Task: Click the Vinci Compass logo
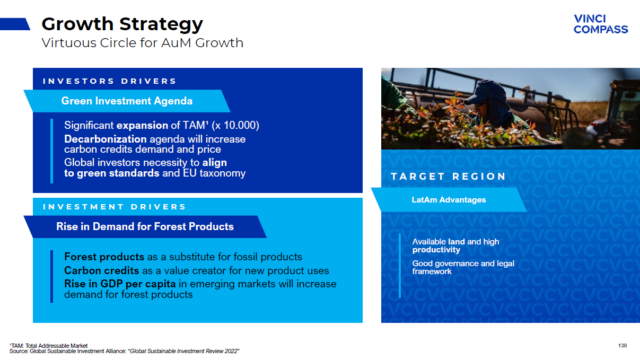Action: pyautogui.click(x=601, y=24)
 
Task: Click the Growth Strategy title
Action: pyautogui.click(x=122, y=24)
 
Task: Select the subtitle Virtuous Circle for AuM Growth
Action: pyautogui.click(x=142, y=43)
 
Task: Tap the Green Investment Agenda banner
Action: pyautogui.click(x=127, y=101)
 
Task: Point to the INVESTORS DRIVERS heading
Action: pyautogui.click(x=110, y=81)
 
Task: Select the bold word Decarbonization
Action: pyautogui.click(x=106, y=139)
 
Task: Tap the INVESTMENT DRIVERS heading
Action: pyautogui.click(x=115, y=207)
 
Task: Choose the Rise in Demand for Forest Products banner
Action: pyautogui.click(x=145, y=226)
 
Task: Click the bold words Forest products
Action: pyautogui.click(x=104, y=257)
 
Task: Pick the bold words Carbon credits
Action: pyautogui.click(x=101, y=270)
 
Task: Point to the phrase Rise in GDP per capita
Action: pyautogui.click(x=120, y=284)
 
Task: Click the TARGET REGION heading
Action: pyautogui.click(x=448, y=176)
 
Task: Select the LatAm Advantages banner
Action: pyautogui.click(x=449, y=200)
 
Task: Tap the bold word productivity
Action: pyautogui.click(x=436, y=250)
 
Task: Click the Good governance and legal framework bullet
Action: pyautogui.click(x=463, y=267)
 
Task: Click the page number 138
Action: pyautogui.click(x=623, y=346)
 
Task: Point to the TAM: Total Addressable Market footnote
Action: pyautogui.click(x=49, y=346)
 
